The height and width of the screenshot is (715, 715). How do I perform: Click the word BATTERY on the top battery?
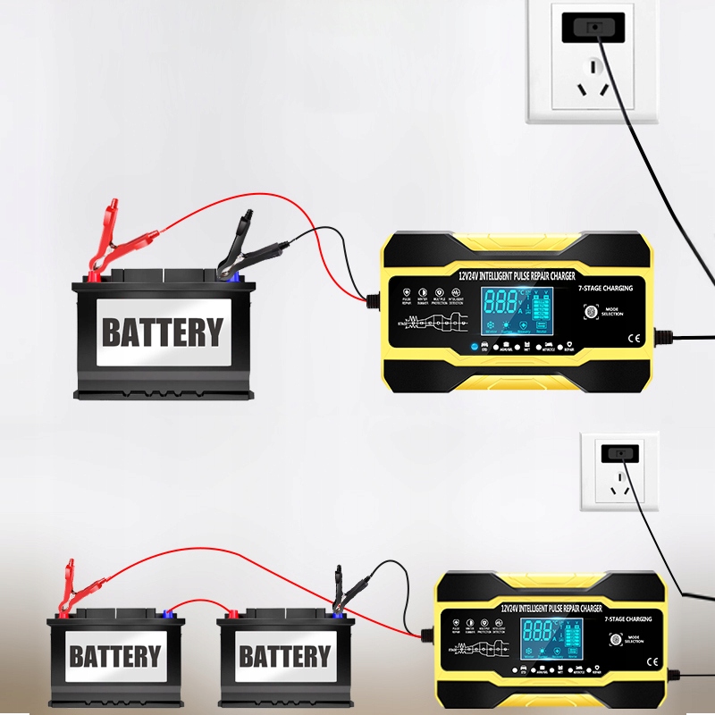pyautogui.click(x=162, y=332)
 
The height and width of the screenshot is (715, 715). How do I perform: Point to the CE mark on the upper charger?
pyautogui.click(x=637, y=338)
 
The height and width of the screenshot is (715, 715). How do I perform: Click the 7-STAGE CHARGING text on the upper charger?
pyautogui.click(x=605, y=289)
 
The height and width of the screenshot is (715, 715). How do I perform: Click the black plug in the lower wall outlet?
pyautogui.click(x=618, y=452)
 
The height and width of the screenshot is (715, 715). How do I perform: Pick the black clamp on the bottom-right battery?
pyautogui.click(x=343, y=590)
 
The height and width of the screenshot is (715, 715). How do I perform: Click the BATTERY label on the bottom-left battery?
pyautogui.click(x=115, y=657)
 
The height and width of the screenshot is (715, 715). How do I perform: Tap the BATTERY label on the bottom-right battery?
pyautogui.click(x=285, y=657)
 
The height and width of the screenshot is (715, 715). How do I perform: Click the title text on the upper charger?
pyautogui.click(x=517, y=276)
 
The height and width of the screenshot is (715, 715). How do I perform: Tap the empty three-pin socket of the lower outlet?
pyautogui.click(x=618, y=490)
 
